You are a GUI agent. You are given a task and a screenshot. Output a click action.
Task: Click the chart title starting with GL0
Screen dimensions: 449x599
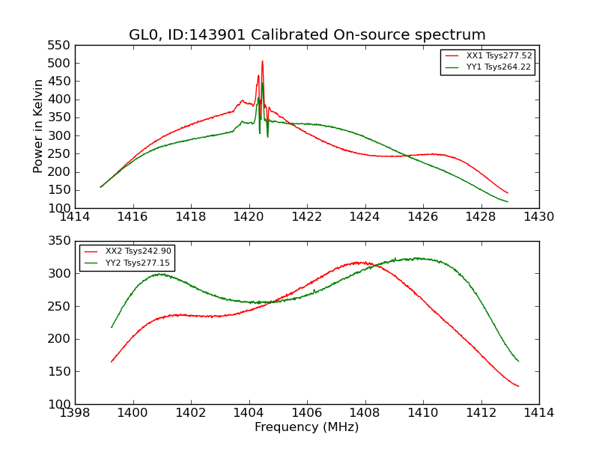coord(307,35)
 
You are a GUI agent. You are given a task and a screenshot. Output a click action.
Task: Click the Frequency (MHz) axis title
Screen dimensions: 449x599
coord(307,427)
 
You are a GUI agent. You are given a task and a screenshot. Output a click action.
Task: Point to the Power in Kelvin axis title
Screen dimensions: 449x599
coord(39,126)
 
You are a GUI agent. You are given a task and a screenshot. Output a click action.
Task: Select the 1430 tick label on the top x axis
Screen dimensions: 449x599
coord(538,217)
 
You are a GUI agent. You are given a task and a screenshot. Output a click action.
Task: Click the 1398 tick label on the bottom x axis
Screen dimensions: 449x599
coord(75,413)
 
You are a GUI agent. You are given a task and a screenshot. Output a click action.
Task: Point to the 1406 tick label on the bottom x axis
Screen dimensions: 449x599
coord(307,413)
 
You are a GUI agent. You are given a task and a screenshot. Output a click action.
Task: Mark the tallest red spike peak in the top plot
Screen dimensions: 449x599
coord(262,61)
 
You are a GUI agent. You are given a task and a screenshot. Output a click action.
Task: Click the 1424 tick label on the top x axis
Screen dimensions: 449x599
coord(365,217)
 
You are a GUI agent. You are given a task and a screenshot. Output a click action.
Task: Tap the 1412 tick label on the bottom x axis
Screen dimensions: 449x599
coord(481,413)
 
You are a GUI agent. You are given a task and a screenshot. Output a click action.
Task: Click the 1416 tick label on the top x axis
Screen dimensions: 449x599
coord(133,217)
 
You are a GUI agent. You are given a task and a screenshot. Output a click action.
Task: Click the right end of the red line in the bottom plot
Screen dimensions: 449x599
coord(518,386)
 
